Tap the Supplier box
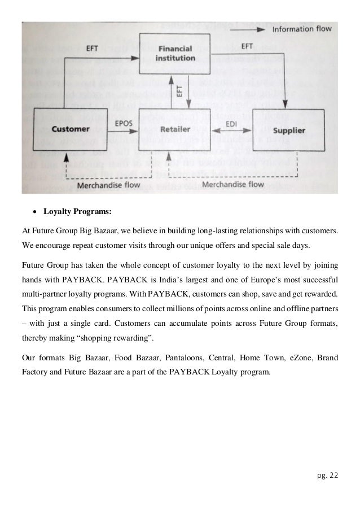pyautogui.click(x=289, y=131)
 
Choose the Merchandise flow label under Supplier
pyautogui.click(x=232, y=184)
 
